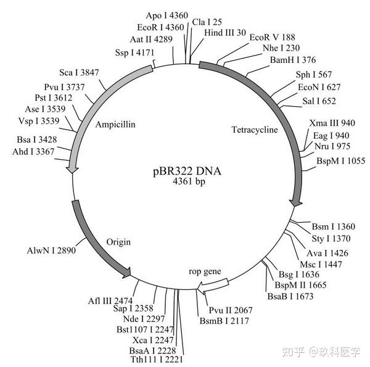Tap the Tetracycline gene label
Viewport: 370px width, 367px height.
255,130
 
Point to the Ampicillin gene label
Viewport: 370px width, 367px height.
116,124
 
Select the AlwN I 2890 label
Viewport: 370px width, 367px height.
51,252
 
